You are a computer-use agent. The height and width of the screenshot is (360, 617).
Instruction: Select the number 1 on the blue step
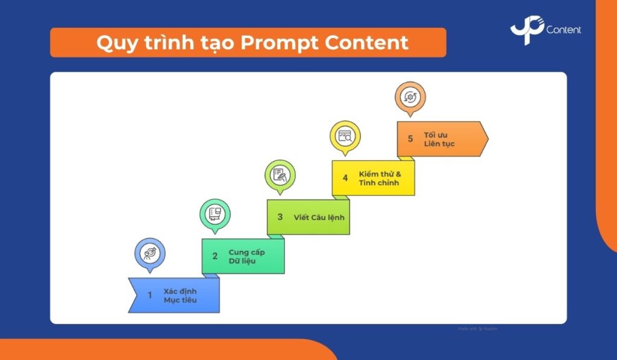pos(150,295)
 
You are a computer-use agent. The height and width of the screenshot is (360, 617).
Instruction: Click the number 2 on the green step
pos(215,256)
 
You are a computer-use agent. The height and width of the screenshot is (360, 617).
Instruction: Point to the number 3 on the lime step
pos(280,217)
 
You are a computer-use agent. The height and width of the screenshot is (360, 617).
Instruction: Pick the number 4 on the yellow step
pos(345,178)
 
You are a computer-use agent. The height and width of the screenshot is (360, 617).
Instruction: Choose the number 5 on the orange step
pos(410,139)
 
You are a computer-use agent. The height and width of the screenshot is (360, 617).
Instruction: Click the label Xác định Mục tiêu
pos(180,295)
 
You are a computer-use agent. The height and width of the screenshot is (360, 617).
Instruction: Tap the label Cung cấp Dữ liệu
pos(246,256)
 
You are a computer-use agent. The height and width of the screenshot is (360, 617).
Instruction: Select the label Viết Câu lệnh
pos(319,217)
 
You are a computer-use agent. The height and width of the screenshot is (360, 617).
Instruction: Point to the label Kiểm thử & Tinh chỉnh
pos(380,178)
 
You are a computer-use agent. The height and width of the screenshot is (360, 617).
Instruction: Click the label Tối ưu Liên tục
pos(439,139)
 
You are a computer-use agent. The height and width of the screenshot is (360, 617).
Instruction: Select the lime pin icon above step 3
pos(280,175)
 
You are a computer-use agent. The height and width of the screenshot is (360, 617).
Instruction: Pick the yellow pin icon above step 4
pos(345,136)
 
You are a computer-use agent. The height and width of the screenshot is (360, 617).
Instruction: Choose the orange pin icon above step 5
pos(410,96)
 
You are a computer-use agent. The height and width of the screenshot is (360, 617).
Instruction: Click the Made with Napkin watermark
pos(478,329)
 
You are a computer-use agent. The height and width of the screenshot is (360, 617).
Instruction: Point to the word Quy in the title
pos(116,43)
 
